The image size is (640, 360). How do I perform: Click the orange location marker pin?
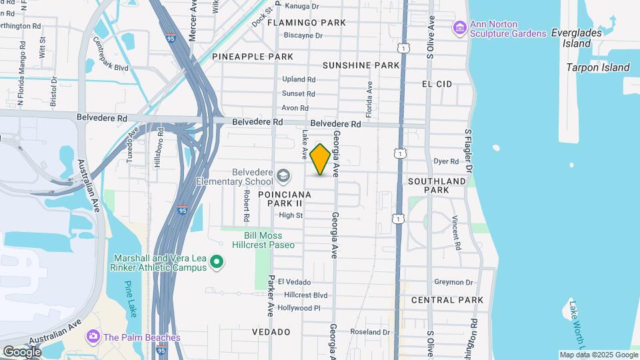320,159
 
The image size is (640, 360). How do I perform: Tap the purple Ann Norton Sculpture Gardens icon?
459,28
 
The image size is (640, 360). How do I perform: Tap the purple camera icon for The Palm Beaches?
93,337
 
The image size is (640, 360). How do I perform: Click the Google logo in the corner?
22,352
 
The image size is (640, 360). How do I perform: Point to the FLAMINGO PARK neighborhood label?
307,23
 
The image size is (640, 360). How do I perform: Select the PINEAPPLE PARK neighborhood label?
253,57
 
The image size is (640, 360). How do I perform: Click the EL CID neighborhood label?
437,84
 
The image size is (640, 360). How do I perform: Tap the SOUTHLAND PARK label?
437,185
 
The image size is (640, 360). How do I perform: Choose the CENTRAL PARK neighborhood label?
447,300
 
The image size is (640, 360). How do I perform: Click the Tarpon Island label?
598,67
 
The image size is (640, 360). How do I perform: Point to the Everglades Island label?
577,38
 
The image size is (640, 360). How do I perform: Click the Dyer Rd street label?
446,161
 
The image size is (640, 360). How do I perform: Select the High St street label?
291,215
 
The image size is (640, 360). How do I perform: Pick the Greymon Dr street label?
453,282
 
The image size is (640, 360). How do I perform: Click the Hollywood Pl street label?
299,308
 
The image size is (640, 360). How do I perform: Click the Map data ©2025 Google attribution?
598,355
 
